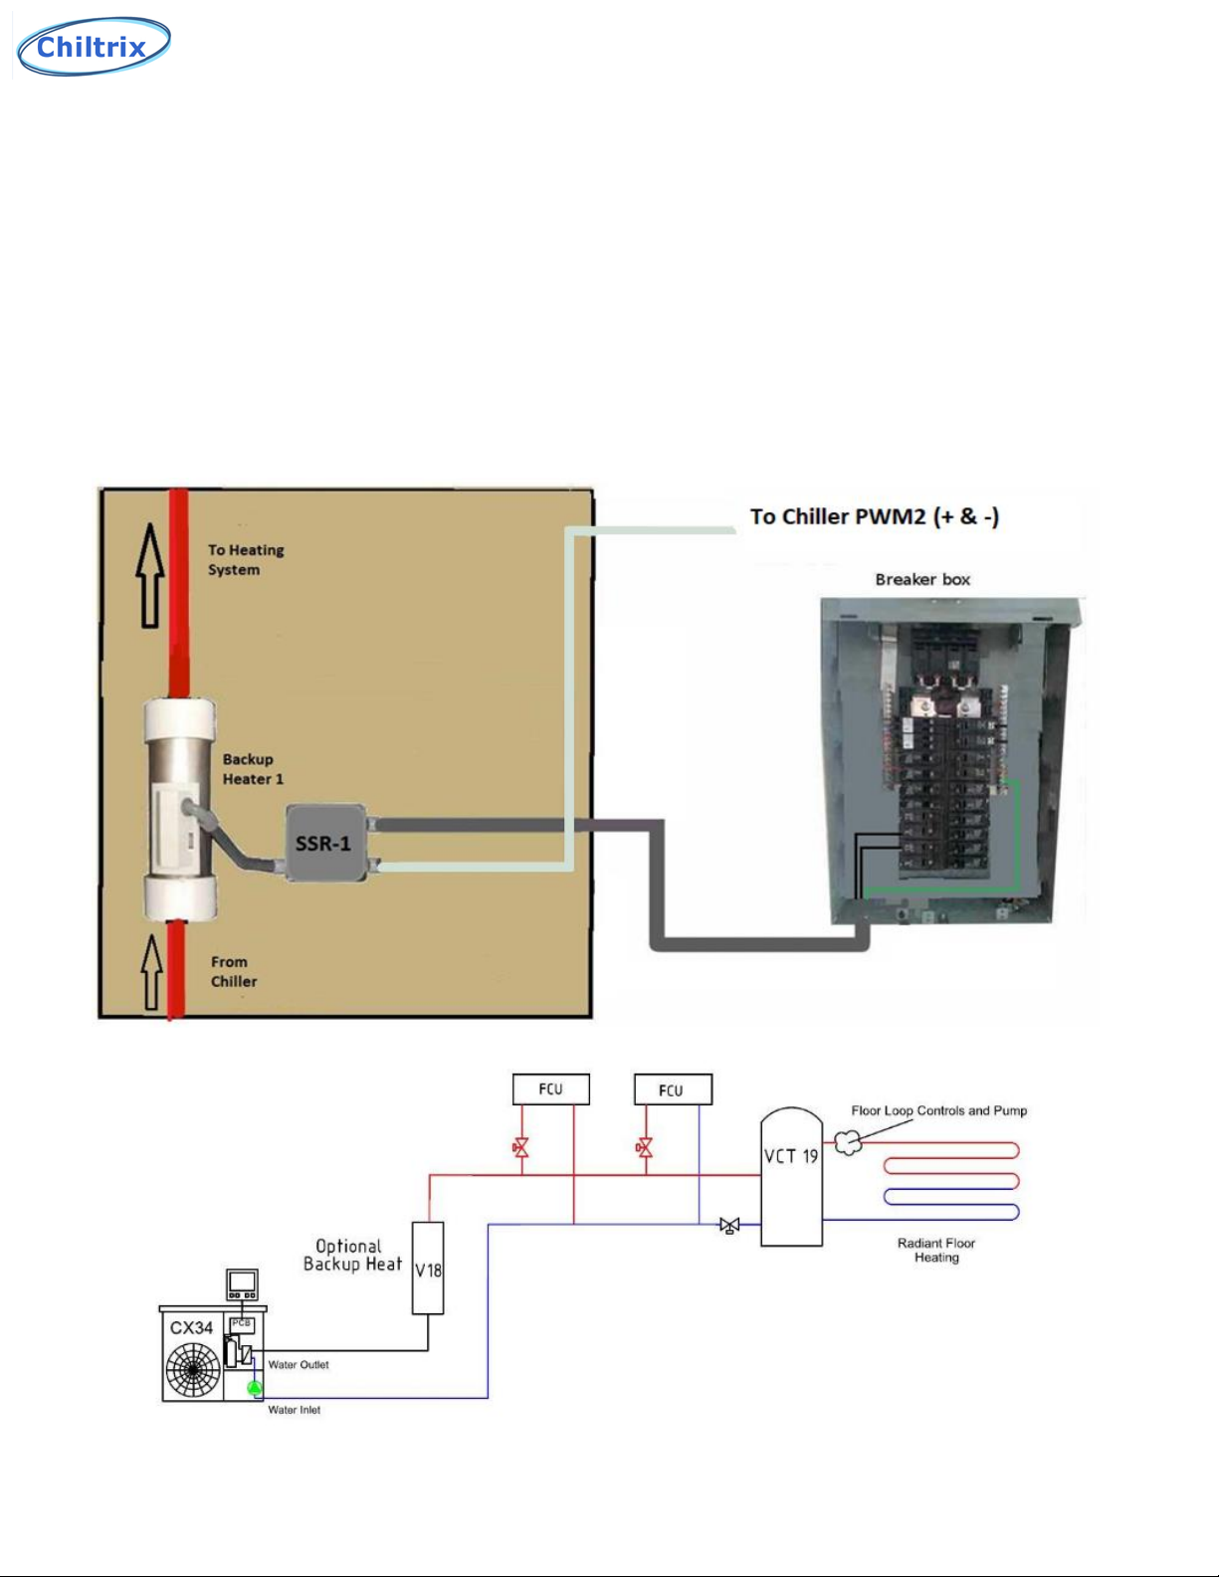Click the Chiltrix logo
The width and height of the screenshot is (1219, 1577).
pyautogui.click(x=94, y=46)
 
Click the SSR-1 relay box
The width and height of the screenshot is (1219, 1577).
pyautogui.click(x=324, y=843)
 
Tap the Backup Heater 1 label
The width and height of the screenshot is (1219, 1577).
pyautogui.click(x=252, y=769)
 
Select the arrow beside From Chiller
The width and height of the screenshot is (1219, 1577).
pyautogui.click(x=151, y=971)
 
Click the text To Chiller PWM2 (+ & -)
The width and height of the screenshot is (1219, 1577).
pyautogui.click(x=874, y=516)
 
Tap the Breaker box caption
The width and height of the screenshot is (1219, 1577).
pyautogui.click(x=922, y=579)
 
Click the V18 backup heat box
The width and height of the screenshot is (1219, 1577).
pyautogui.click(x=428, y=1269)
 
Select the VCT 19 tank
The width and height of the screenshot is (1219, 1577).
pyautogui.click(x=791, y=1179)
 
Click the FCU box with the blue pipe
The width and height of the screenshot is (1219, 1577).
pyautogui.click(x=673, y=1089)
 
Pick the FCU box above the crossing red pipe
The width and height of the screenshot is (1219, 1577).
pyautogui.click(x=550, y=1088)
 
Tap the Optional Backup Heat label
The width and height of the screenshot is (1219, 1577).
pyautogui.click(x=351, y=1255)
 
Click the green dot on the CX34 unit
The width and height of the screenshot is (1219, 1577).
pyautogui.click(x=254, y=1387)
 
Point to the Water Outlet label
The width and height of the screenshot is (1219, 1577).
pyautogui.click(x=299, y=1364)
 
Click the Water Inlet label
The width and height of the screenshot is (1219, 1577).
pyautogui.click(x=295, y=1410)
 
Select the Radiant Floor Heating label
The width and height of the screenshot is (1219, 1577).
pyautogui.click(x=936, y=1250)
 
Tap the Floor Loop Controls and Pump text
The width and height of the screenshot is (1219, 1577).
pyautogui.click(x=938, y=1110)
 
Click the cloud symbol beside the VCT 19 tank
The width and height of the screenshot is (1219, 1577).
pyautogui.click(x=848, y=1143)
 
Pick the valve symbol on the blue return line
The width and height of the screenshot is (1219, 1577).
pyautogui.click(x=729, y=1226)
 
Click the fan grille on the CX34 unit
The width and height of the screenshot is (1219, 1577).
pyautogui.click(x=193, y=1370)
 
